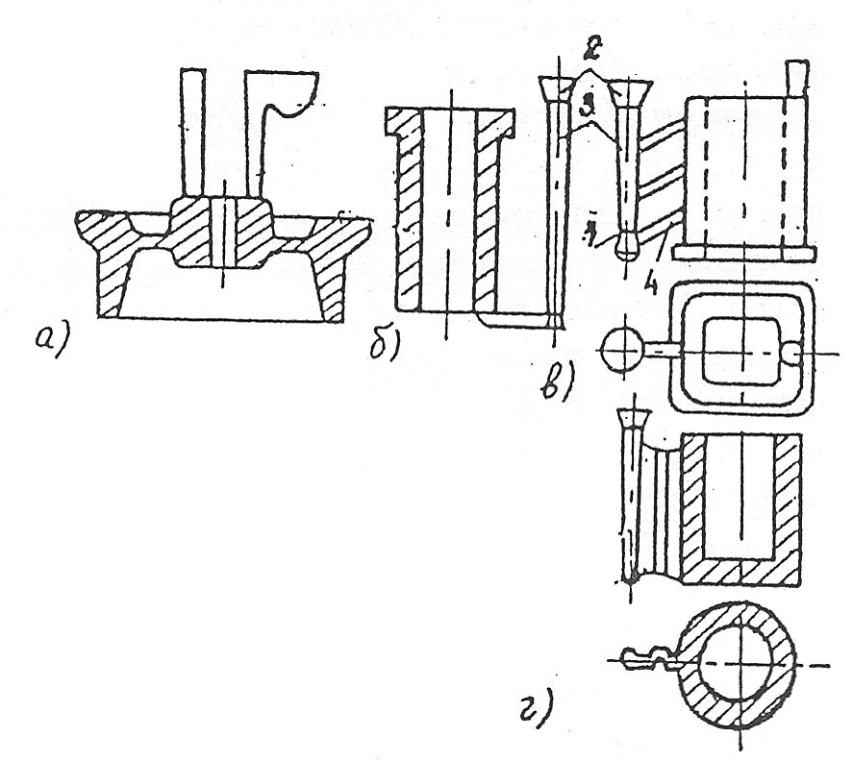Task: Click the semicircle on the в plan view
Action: point(794,353)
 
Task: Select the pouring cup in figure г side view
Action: point(633,420)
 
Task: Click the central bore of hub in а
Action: point(222,233)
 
